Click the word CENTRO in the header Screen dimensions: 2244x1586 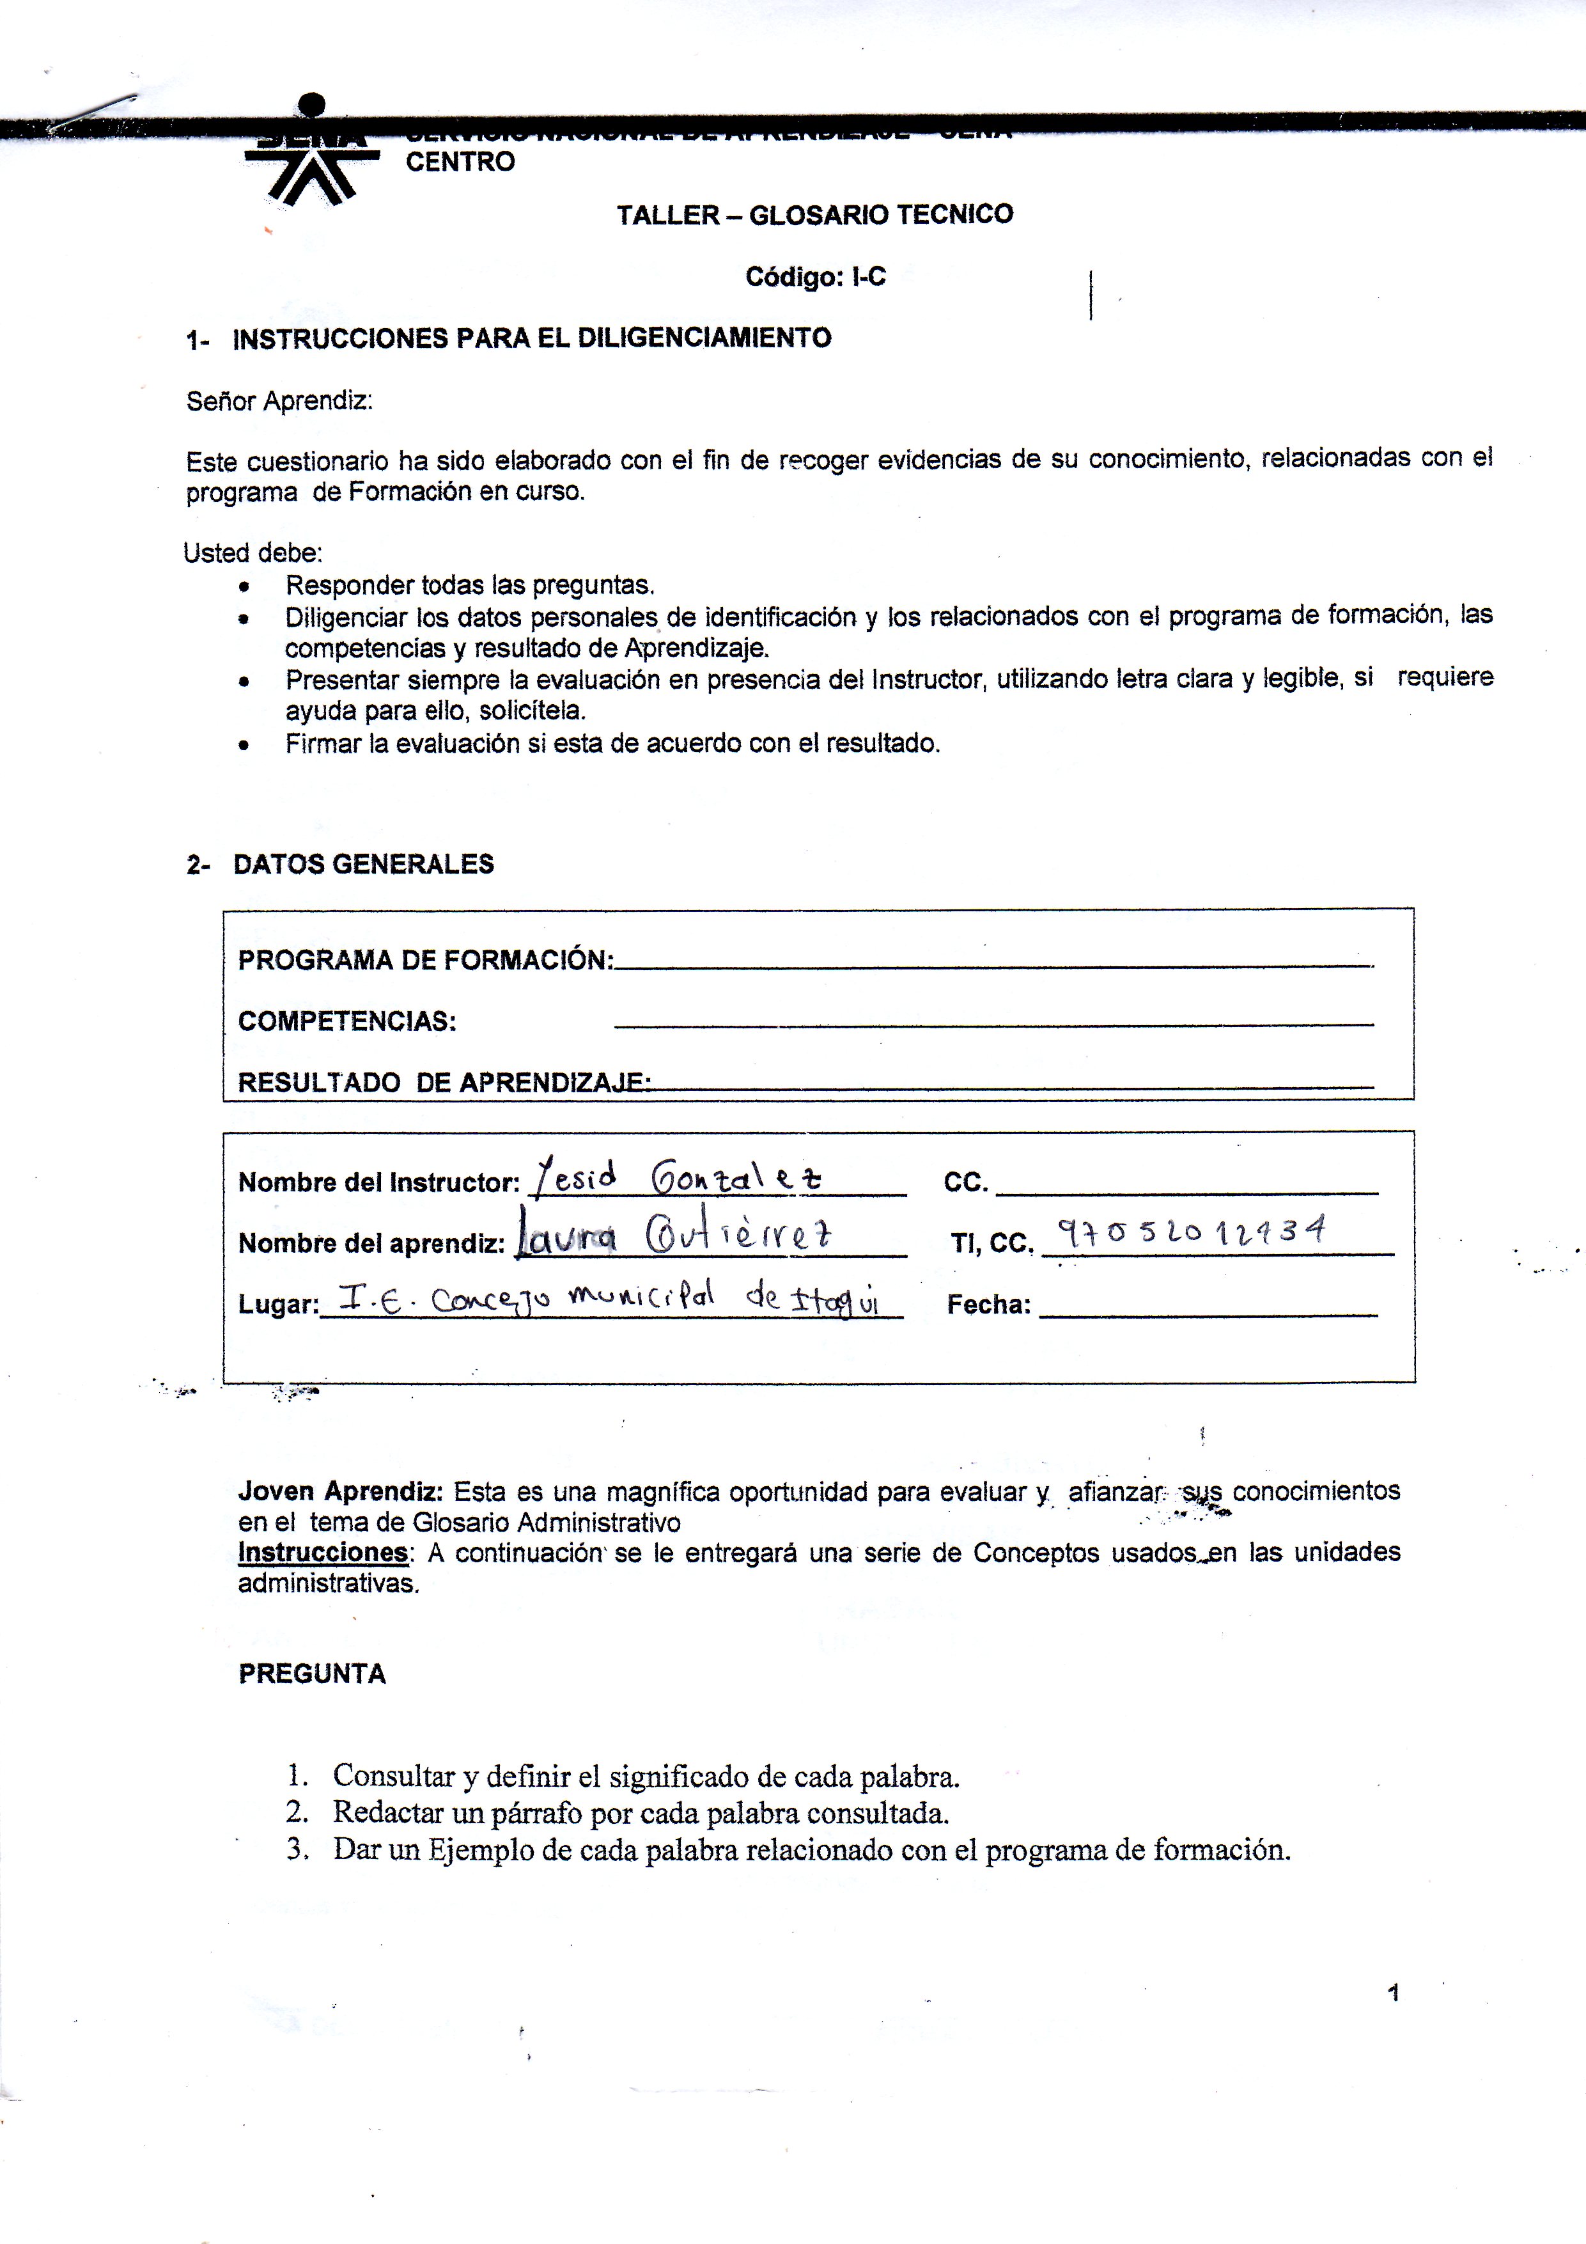459,162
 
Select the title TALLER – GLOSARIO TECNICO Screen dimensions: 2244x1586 814,215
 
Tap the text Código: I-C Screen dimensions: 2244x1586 815,278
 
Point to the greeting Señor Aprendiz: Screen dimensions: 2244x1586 279,401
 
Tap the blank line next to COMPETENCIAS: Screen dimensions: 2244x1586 993,1023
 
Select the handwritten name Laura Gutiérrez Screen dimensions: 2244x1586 674,1237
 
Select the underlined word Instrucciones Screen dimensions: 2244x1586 322,1552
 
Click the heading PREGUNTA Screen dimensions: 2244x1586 312,1674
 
